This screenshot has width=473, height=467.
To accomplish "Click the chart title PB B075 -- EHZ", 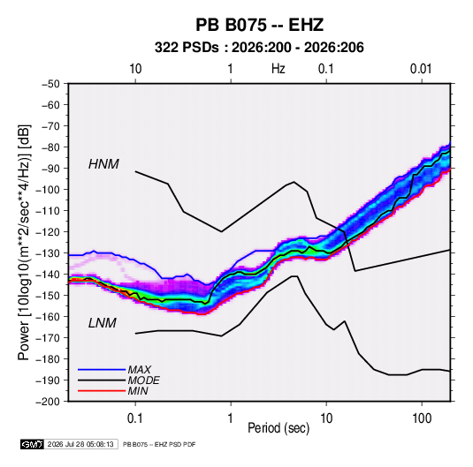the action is (x=259, y=25).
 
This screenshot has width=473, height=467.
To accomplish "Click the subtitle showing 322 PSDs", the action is (x=259, y=48).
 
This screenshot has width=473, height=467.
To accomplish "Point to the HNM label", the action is (x=103, y=164).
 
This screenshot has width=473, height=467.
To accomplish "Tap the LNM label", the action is (x=103, y=323).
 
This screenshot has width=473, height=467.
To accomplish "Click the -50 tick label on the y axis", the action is (x=50, y=84).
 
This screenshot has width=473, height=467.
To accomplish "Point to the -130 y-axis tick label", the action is (x=49, y=253).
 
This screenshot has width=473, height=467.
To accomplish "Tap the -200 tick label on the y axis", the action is (x=48, y=402).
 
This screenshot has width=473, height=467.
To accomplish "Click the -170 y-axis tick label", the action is (x=49, y=338).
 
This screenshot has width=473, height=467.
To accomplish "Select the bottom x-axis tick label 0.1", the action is (x=135, y=418).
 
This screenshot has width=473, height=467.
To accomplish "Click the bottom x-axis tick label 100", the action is (x=422, y=418).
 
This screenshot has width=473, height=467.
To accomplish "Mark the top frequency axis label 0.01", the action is (x=421, y=69).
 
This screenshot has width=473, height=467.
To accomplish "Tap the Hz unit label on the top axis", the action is (x=278, y=69).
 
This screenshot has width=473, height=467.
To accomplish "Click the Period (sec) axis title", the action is (x=278, y=428).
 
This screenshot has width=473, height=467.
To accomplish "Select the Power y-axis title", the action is (x=24, y=243).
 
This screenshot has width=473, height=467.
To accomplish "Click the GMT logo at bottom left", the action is (x=33, y=444).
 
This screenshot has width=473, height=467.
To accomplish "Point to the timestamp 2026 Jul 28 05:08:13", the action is (x=80, y=444).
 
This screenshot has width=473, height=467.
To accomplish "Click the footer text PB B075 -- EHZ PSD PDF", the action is (x=159, y=444).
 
